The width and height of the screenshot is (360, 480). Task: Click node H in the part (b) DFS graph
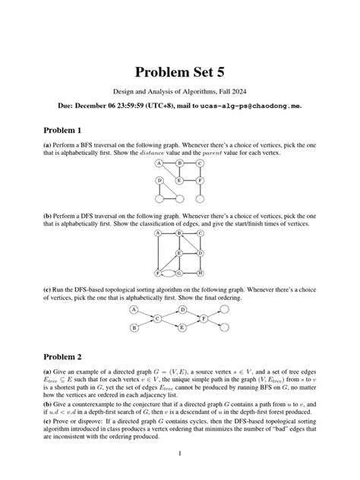click(x=200, y=272)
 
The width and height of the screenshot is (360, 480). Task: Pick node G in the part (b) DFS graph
click(x=180, y=272)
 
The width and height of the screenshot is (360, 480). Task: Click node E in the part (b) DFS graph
click(x=179, y=253)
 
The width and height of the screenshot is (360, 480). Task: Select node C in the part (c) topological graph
click(x=157, y=319)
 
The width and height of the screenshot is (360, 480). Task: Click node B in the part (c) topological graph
click(x=134, y=328)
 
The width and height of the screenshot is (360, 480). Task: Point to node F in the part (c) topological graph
click(x=204, y=319)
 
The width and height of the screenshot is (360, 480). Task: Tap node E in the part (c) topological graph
click(x=182, y=328)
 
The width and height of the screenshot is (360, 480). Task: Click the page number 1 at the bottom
click(x=179, y=454)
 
